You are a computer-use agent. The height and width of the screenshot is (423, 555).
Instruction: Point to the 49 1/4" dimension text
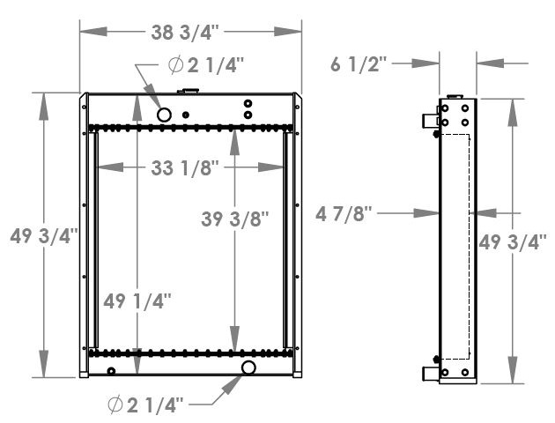pyautogui.click(x=137, y=301)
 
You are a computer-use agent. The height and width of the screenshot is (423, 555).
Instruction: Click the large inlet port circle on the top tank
pyautogui.click(x=165, y=114)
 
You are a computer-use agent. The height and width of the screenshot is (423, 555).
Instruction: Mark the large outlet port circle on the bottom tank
pyautogui.click(x=249, y=367)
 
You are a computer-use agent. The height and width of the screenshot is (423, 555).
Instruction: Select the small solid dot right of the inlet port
pyautogui.click(x=186, y=114)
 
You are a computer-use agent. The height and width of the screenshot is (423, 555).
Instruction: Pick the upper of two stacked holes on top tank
pyautogui.click(x=248, y=104)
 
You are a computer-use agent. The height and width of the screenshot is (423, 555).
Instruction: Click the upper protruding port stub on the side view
pyautogui.click(x=429, y=118)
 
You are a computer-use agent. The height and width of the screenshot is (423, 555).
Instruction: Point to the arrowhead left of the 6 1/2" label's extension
pyautogui.click(x=429, y=63)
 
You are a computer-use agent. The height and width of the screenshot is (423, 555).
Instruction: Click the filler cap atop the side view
pyautogui.click(x=455, y=95)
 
